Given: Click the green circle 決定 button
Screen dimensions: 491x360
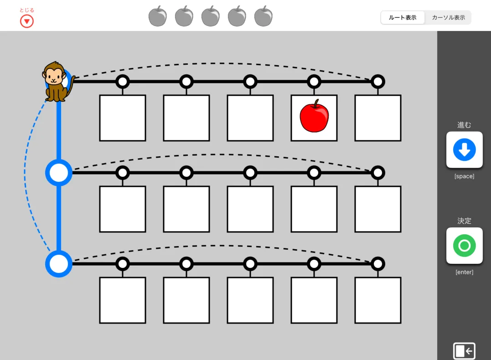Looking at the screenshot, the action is click(465, 246).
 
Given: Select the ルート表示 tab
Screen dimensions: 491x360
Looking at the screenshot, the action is click(403, 17).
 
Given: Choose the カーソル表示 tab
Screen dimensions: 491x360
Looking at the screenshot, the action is click(449, 17).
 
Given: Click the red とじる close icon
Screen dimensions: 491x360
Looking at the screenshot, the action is click(26, 21).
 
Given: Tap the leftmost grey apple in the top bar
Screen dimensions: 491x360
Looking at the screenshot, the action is click(157, 16).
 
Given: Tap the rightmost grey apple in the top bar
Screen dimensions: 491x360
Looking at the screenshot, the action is click(264, 16).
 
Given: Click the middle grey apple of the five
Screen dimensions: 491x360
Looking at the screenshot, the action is click(211, 16).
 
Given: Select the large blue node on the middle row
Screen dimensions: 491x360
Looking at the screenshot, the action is click(59, 173).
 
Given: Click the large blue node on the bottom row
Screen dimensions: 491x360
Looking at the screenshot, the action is click(59, 264).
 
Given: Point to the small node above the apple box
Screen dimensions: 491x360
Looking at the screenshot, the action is click(314, 82).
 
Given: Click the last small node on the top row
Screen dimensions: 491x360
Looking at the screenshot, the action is click(378, 82).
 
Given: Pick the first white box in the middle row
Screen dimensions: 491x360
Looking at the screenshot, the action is click(123, 209).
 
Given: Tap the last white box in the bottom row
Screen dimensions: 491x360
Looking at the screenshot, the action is click(378, 300).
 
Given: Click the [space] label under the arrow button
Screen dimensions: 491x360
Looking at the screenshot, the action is click(465, 176).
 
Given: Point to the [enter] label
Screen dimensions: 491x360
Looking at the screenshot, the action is click(465, 272).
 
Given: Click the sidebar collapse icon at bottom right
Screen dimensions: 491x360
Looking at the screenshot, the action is click(464, 351).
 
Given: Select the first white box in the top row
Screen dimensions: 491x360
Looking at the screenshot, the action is click(123, 118).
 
